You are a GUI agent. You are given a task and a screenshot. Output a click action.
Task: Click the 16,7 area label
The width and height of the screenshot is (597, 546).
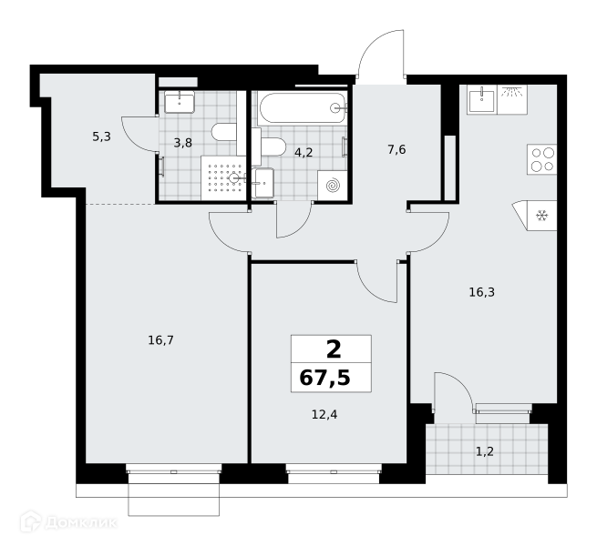[x=160, y=340]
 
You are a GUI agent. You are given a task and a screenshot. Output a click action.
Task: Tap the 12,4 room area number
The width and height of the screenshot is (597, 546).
[x=324, y=414]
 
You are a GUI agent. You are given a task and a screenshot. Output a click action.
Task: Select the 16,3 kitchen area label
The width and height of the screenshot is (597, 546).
[x=481, y=292]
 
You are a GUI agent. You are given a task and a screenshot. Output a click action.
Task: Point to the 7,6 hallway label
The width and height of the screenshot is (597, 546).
[x=396, y=150]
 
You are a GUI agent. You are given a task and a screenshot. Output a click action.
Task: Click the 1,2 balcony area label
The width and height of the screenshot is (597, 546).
[x=485, y=451]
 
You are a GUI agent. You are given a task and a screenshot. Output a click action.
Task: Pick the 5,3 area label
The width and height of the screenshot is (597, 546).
[x=101, y=136]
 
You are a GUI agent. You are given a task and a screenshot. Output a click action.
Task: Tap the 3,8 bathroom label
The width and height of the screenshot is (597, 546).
[x=183, y=143]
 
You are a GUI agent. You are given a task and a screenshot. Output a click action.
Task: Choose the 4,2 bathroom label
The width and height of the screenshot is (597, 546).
[x=304, y=153]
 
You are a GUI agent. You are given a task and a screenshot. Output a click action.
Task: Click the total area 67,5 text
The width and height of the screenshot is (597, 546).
[x=324, y=378]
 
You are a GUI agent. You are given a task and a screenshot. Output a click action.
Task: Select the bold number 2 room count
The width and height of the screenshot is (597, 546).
[x=334, y=349]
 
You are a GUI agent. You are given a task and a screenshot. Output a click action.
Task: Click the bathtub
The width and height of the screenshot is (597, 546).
[x=302, y=108]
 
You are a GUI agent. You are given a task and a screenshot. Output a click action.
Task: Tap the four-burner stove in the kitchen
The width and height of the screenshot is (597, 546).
[x=541, y=159]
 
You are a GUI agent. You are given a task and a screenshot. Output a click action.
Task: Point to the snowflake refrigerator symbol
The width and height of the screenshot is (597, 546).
[x=541, y=216]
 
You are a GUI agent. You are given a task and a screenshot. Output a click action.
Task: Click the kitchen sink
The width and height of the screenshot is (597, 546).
[x=481, y=99]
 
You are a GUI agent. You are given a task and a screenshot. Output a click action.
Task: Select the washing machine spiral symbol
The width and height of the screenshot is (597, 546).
[x=333, y=186]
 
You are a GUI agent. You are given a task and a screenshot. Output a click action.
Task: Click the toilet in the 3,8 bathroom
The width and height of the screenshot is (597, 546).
[x=224, y=132]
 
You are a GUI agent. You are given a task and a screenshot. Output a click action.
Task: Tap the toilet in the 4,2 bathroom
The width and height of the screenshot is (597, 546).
[x=273, y=147]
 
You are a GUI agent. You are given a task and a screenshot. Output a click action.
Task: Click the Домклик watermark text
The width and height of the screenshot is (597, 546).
[x=81, y=523]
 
